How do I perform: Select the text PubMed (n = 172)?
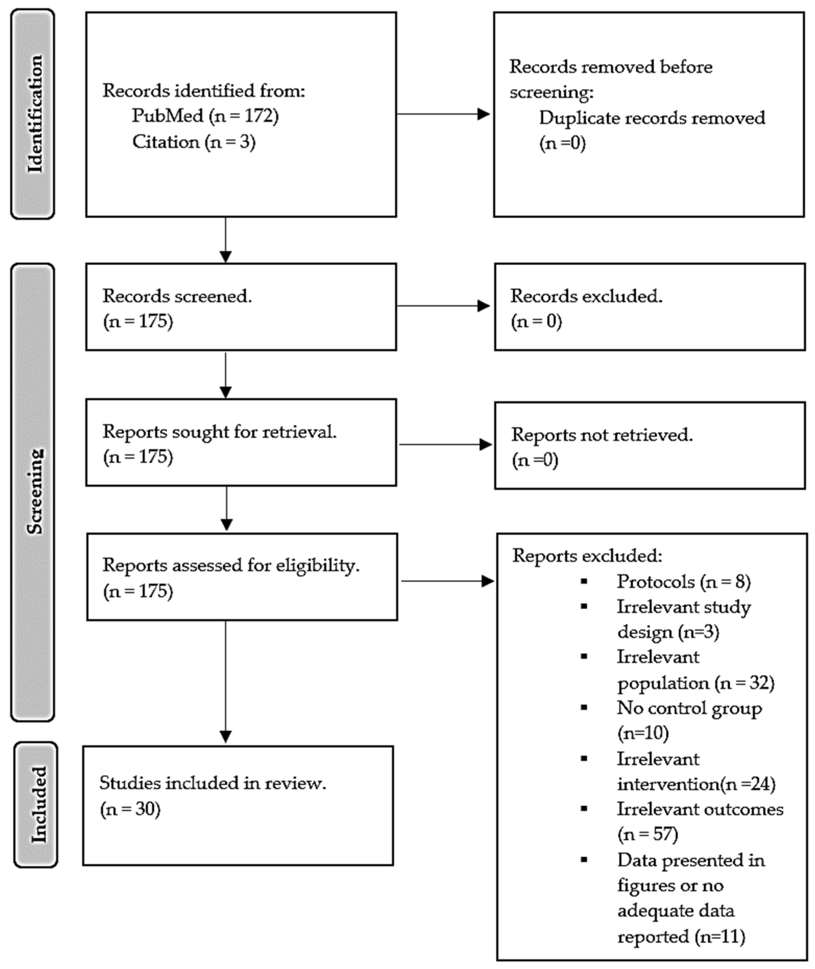[205, 115]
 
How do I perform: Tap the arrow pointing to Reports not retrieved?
[445, 444]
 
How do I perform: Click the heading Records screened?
[177, 296]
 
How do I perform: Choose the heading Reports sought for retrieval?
[219, 432]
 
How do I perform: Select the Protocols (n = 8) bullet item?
[683, 581]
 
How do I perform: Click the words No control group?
[689, 708]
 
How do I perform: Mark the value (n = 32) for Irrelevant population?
[744, 683]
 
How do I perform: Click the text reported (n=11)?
[681, 936]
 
